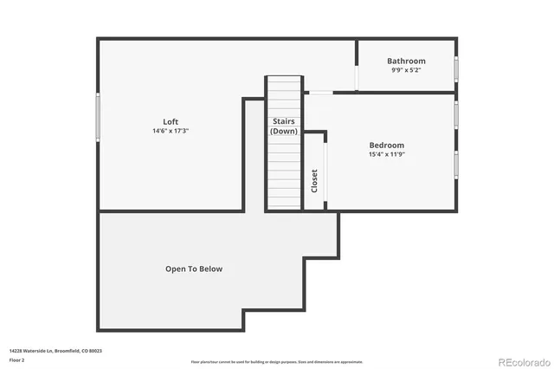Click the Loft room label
click(x=171, y=121)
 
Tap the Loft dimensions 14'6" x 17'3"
click(x=171, y=131)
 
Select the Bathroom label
click(x=406, y=61)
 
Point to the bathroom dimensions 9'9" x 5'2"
click(x=406, y=70)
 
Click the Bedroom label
click(x=386, y=145)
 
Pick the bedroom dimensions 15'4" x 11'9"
click(x=386, y=154)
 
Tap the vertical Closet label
click(x=314, y=180)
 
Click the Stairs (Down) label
click(x=284, y=126)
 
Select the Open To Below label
click(x=194, y=269)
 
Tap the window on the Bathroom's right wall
click(x=456, y=69)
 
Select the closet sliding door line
click(x=325, y=172)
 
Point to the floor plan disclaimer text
click(x=276, y=362)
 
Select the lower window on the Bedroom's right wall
click(x=456, y=164)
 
